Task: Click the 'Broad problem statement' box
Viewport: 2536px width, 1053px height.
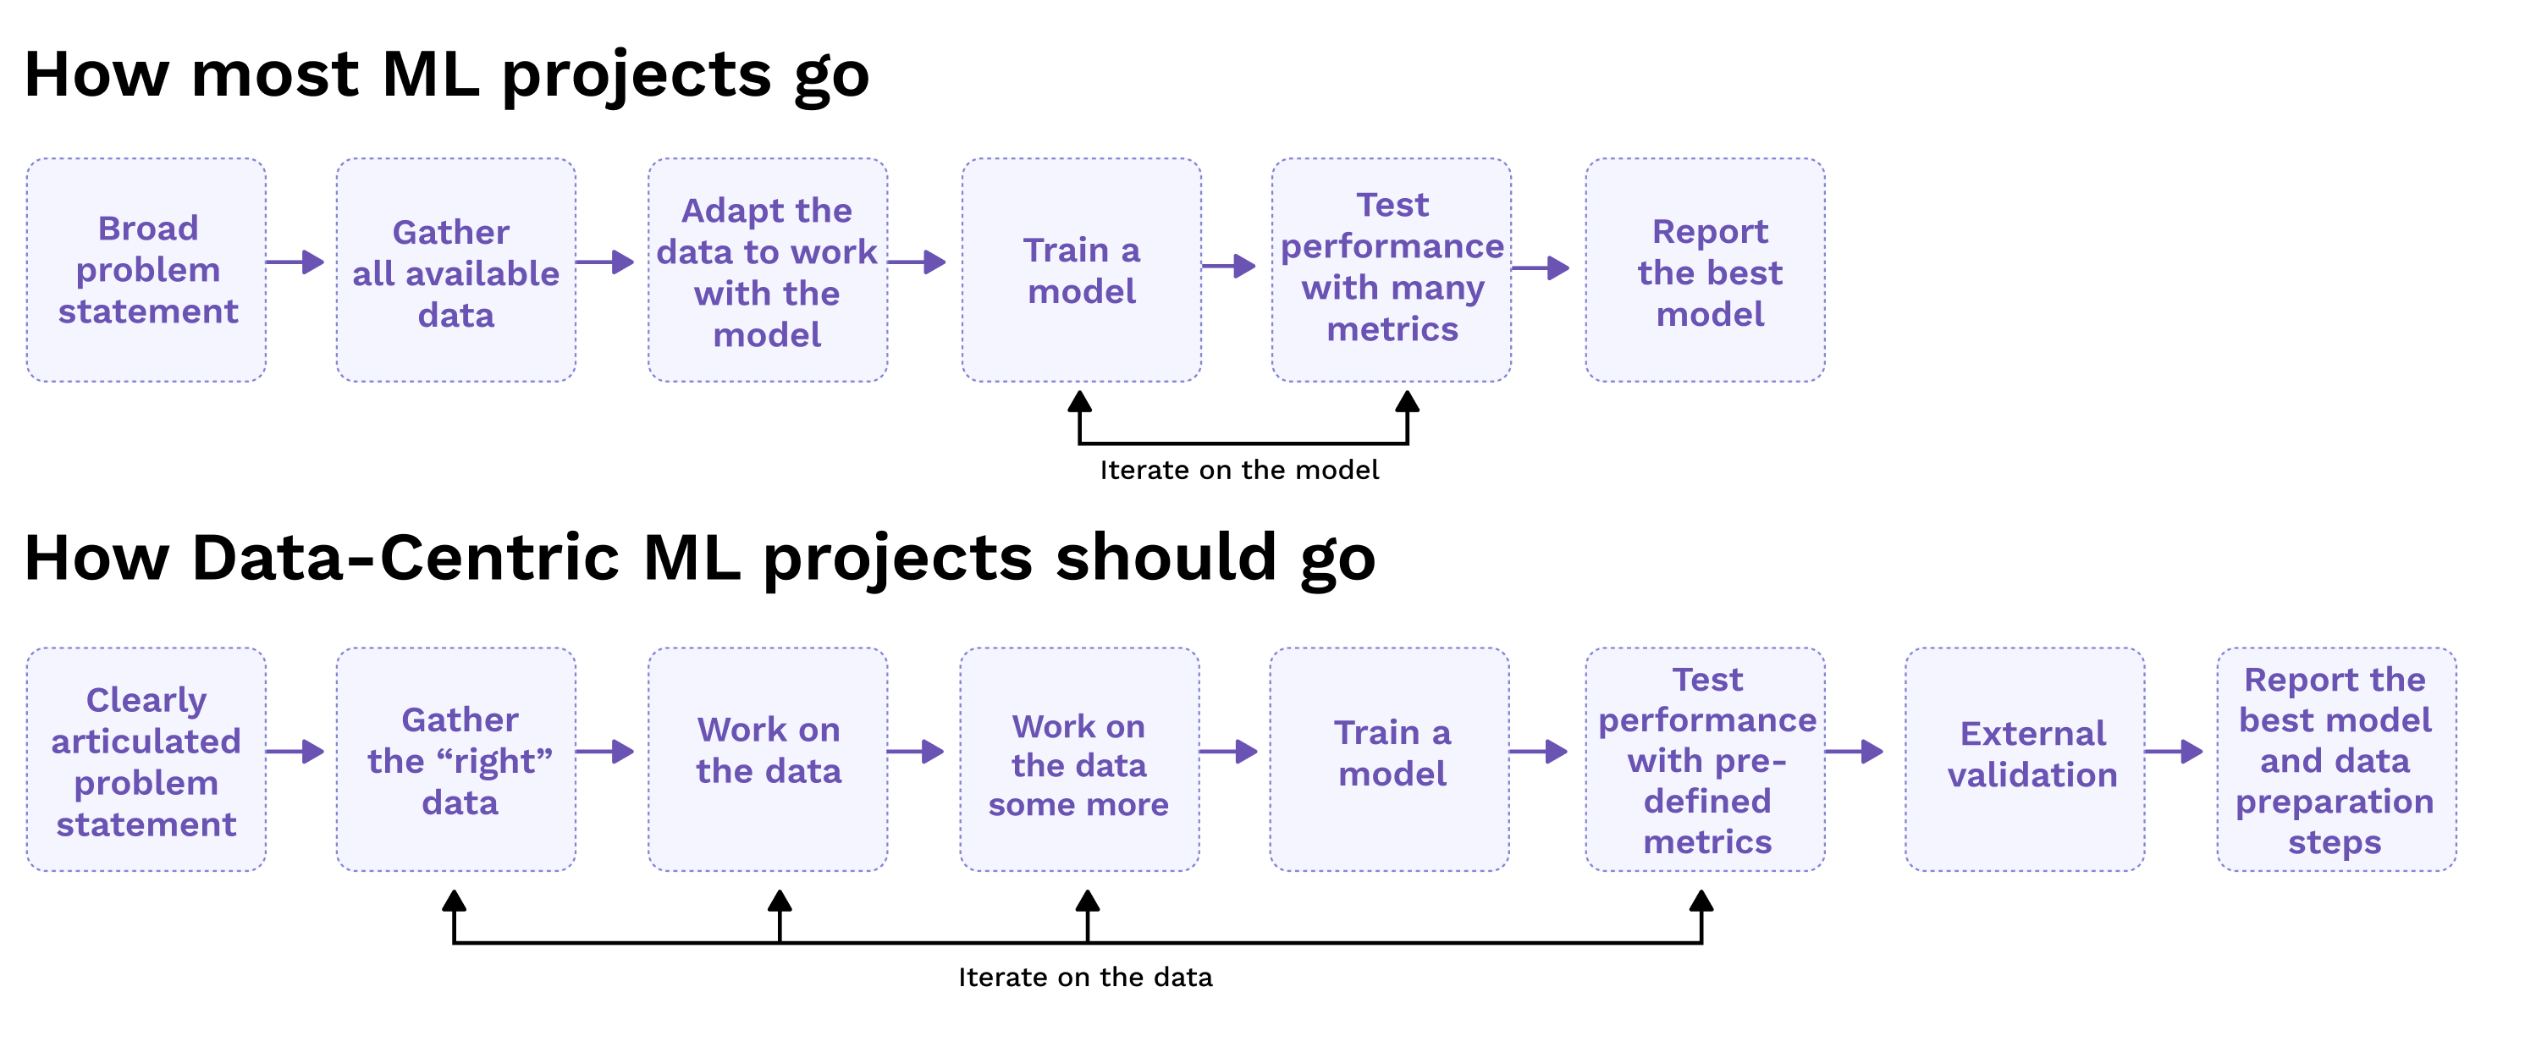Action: [146, 270]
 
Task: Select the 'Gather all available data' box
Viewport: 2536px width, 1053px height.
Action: [455, 270]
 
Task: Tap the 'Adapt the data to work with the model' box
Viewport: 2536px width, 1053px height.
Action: [767, 270]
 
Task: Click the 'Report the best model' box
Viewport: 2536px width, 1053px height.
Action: [1704, 270]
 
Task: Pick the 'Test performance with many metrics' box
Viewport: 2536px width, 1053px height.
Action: [1391, 270]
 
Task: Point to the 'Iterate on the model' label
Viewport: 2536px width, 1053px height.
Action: [1238, 471]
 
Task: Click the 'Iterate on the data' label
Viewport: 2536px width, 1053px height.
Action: [1085, 977]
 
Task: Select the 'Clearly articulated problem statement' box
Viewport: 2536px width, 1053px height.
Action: [146, 758]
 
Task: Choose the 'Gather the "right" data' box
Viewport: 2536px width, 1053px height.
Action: [455, 758]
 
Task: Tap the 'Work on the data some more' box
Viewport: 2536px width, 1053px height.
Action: [1079, 758]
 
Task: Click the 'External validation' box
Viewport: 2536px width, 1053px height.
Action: [2024, 758]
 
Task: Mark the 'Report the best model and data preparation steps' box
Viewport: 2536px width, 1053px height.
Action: [2335, 758]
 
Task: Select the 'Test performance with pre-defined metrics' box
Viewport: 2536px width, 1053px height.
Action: [1704, 758]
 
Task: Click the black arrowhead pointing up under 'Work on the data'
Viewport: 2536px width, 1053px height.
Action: [780, 901]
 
